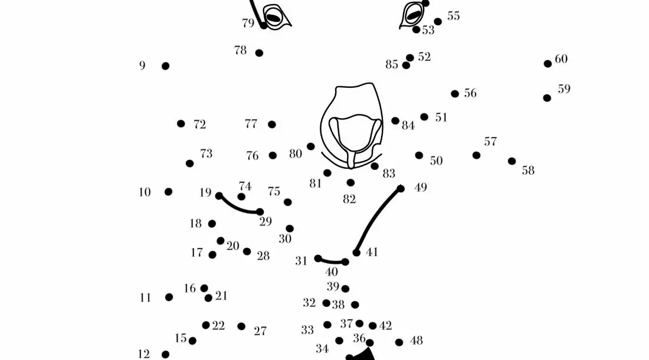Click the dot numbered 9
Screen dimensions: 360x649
(x=165, y=66)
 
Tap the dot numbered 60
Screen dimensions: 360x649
(x=548, y=64)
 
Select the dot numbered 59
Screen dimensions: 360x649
(x=547, y=98)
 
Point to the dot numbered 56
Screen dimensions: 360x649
(x=454, y=94)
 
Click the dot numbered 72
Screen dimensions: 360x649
(x=181, y=124)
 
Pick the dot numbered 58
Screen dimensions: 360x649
(x=512, y=161)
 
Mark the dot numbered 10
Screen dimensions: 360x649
(x=169, y=192)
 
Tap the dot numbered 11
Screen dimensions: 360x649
(x=169, y=297)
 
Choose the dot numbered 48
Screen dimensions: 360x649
(x=399, y=342)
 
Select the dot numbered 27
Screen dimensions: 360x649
(x=241, y=326)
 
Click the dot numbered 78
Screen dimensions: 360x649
(x=259, y=53)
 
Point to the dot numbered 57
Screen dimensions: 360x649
(x=476, y=155)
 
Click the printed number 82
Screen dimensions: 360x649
(x=349, y=199)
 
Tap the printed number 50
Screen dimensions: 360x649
(x=436, y=161)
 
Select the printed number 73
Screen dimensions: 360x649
(x=206, y=153)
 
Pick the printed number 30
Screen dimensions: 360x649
(x=285, y=239)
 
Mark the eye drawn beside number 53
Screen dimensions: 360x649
(x=412, y=14)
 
